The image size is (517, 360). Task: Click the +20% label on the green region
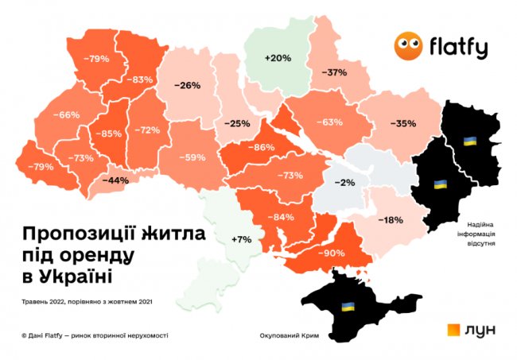[278, 58]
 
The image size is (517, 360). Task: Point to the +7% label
[241, 239]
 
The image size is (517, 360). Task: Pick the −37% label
[334, 72]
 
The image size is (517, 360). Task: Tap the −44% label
[116, 180]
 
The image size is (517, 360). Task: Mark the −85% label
[107, 134]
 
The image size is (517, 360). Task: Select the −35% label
[403, 124]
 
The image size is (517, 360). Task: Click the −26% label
[187, 86]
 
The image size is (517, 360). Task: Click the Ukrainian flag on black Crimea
[347, 306]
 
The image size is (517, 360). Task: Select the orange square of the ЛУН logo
[454, 331]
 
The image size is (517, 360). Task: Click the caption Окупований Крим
[290, 335]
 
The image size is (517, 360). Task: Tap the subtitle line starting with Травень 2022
[88, 301]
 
